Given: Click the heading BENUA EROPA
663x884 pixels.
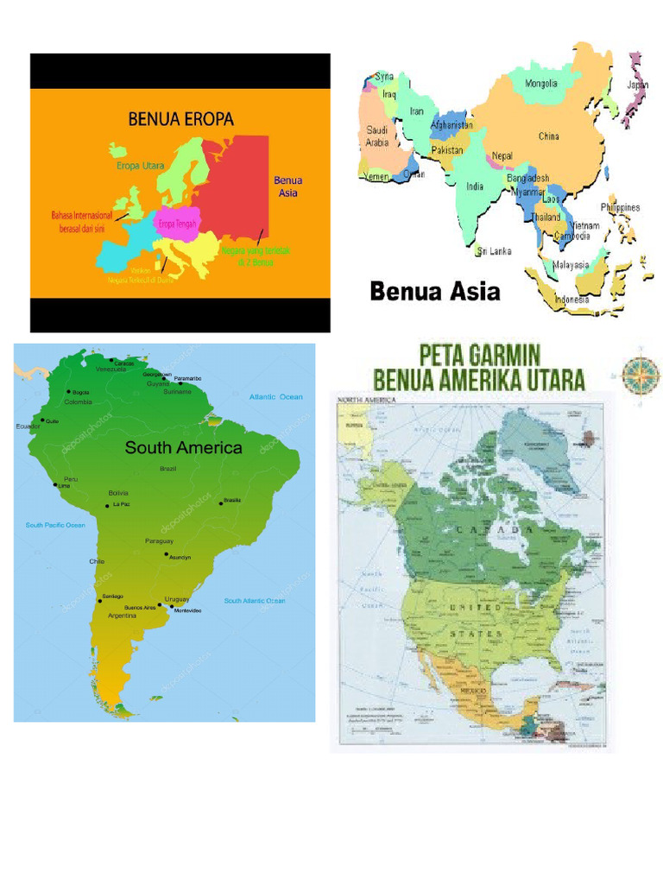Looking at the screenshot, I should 180,119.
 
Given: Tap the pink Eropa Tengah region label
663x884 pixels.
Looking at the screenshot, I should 177,224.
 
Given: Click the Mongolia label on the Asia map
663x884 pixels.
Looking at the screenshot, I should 541,85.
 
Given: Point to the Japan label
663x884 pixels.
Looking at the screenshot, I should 637,85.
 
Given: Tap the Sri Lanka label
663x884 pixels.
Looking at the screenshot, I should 496,251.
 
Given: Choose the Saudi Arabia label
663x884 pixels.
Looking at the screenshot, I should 377,136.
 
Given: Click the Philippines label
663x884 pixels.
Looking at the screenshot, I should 620,207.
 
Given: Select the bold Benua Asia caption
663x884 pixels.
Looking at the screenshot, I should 434,292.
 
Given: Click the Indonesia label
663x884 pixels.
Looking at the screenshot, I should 571,300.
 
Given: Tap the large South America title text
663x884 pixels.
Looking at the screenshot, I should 183,447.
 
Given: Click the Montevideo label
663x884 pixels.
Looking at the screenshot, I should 187,610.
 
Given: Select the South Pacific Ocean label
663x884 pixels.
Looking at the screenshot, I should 55,525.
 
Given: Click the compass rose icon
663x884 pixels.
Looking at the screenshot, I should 641,373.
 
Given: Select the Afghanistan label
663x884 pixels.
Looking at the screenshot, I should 451,125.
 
